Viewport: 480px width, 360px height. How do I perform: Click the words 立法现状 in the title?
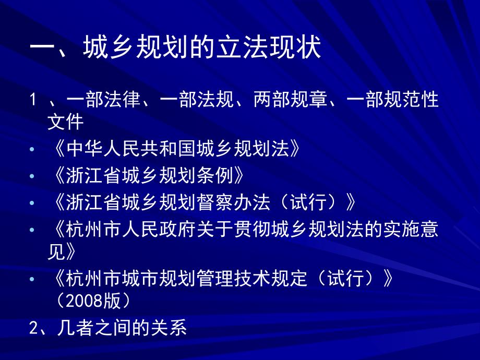tap(269, 47)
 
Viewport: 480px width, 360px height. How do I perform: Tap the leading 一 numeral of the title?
tap(41, 47)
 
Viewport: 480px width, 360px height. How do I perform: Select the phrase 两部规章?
tap(290, 99)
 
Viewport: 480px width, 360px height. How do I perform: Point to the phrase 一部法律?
tap(103, 99)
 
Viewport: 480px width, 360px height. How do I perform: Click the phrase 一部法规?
tap(197, 99)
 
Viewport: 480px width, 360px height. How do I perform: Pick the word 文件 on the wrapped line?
tap(66, 122)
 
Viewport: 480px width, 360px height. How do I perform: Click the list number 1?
tap(33, 100)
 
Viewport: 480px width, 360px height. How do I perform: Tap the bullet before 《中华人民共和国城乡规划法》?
tap(32, 149)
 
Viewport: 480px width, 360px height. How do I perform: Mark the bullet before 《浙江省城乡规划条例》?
tap(32, 176)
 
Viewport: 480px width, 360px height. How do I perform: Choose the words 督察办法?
tap(234, 202)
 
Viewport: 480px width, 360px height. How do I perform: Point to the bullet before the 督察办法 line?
tap(32, 203)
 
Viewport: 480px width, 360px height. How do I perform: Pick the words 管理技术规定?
tap(252, 278)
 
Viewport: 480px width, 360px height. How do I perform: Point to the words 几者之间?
tap(94, 328)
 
